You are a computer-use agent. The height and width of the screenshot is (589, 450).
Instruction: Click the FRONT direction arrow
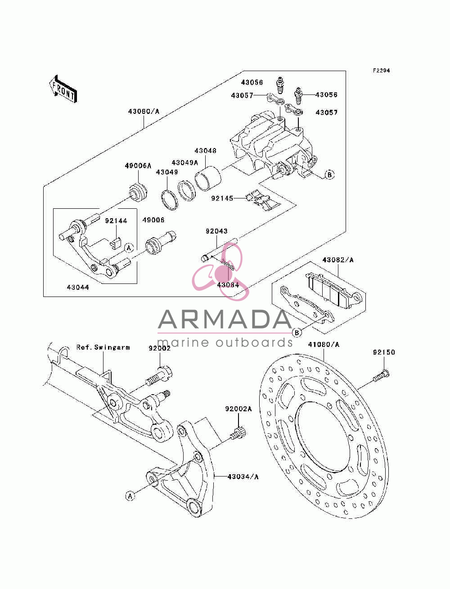click(x=63, y=89)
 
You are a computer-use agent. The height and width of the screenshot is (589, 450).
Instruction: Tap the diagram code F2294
click(x=381, y=71)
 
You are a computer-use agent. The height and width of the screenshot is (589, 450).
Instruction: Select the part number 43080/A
click(x=144, y=111)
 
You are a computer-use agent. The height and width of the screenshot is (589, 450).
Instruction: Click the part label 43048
click(x=205, y=151)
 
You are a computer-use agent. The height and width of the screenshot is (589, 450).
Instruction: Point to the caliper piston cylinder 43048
click(x=208, y=179)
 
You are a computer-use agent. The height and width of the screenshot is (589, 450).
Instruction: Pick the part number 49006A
click(x=138, y=166)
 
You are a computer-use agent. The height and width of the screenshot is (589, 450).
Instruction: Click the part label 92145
click(x=222, y=198)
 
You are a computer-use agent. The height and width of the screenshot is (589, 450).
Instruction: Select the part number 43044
click(x=78, y=288)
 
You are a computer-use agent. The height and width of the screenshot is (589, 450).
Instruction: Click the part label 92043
click(x=216, y=231)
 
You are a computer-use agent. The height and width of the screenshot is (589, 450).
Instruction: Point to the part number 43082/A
click(x=338, y=260)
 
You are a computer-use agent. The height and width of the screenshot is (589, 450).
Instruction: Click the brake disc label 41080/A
click(x=324, y=344)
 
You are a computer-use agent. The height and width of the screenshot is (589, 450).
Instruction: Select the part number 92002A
click(x=238, y=409)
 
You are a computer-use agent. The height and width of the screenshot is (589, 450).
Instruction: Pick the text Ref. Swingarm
click(x=103, y=347)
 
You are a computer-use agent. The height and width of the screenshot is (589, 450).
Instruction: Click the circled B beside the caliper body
click(x=329, y=175)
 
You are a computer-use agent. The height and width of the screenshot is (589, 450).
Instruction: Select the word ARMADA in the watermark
click(x=225, y=319)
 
